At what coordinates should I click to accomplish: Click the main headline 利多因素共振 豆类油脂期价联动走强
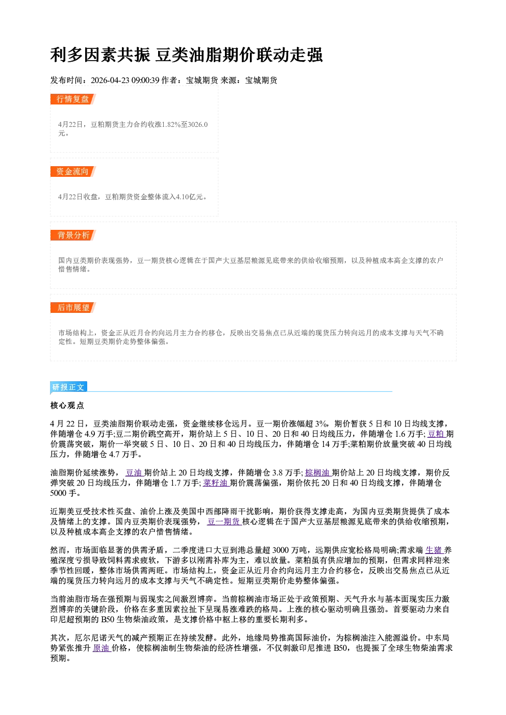[x=186, y=55]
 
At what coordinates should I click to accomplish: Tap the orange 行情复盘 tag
[x=72, y=99]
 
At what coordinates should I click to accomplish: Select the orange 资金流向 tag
[x=72, y=171]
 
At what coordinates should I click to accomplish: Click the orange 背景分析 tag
[x=72, y=235]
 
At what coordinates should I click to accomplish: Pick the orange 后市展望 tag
[x=72, y=307]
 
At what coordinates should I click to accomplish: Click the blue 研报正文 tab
[x=68, y=387]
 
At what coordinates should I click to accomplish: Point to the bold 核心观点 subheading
[x=67, y=405]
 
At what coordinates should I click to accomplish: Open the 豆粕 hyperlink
[x=436, y=434]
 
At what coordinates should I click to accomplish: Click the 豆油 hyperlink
[x=134, y=473]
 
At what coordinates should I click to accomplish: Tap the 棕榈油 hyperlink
[x=317, y=473]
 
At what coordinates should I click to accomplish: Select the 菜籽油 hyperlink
[x=215, y=483]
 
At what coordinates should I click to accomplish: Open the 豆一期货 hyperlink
[x=223, y=521]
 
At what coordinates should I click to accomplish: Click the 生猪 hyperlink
[x=434, y=550]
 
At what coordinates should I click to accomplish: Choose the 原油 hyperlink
[x=101, y=648]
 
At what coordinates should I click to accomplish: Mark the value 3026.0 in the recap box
[x=198, y=124]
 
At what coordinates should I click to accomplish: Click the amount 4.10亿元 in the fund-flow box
[x=189, y=197]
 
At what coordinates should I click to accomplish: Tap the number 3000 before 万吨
[x=281, y=550]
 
